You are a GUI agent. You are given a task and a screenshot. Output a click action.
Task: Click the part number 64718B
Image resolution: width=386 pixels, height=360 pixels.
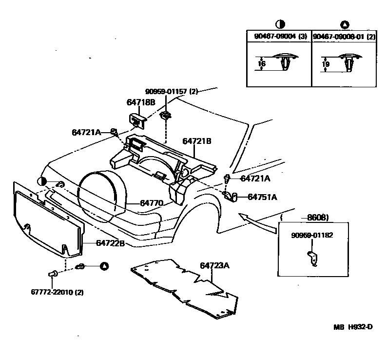pos(141,102)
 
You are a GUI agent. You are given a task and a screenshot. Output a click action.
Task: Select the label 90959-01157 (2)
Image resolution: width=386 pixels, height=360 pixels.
pos(171,91)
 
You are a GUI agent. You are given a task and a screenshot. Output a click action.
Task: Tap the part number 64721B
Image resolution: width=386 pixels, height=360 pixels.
pos(197,141)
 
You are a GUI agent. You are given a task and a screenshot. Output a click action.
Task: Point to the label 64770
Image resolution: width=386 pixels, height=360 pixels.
pos(152,202)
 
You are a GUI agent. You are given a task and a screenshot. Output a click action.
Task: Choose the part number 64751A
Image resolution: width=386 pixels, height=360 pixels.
pos(262,197)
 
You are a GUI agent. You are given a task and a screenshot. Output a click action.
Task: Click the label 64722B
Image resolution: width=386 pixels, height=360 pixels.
pos(111,242)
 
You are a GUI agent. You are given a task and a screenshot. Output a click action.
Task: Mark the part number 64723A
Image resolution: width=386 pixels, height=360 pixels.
pos(214,266)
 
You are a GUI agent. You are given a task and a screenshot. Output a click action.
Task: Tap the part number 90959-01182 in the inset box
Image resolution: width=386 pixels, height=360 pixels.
pos(312,235)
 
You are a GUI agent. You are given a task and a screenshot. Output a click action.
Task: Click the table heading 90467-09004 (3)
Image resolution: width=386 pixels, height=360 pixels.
pos(278,36)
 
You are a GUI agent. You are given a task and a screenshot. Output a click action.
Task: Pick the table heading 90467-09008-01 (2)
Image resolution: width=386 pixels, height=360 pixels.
pos(344,36)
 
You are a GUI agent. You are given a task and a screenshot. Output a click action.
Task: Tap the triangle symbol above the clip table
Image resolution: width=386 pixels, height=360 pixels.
pos(345,24)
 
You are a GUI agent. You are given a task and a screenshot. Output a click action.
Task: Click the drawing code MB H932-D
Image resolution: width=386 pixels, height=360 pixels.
pos(353,327)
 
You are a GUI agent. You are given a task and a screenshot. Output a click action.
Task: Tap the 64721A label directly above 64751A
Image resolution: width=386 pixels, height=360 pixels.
pos(255,179)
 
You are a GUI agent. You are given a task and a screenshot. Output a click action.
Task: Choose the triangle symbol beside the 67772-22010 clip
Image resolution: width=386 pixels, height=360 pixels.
pos(104,266)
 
